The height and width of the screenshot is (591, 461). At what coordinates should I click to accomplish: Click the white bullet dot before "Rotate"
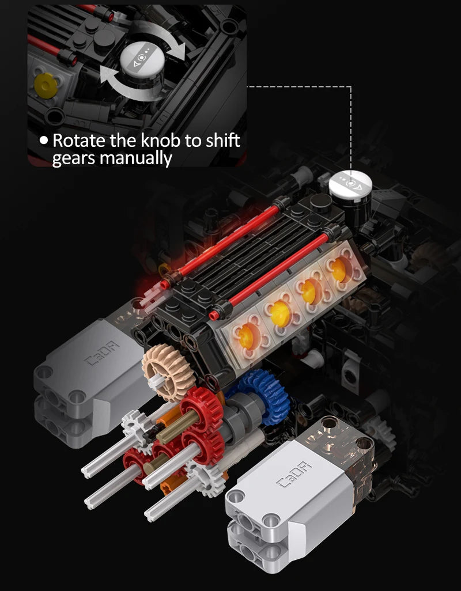(44, 141)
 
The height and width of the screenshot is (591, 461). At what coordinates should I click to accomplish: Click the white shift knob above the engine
(350, 185)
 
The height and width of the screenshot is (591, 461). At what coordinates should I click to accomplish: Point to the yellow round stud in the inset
(46, 86)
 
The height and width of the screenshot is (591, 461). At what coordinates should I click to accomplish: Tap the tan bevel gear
(168, 372)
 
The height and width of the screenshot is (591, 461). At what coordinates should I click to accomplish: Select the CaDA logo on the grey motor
(101, 353)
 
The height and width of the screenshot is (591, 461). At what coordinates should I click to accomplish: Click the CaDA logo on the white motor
(294, 475)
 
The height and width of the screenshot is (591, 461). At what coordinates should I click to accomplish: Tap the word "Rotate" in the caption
(79, 140)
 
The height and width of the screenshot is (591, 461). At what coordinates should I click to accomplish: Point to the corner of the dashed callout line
(351, 87)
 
